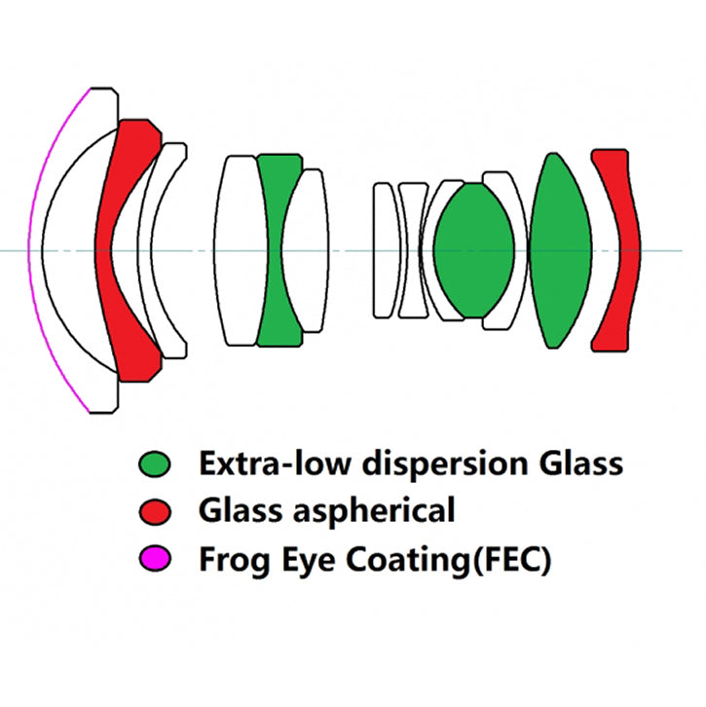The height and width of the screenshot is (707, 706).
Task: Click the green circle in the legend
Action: coord(156,465)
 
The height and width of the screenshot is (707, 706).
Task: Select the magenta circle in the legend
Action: coord(156,559)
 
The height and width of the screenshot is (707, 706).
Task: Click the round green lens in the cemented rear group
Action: coord(474,250)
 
